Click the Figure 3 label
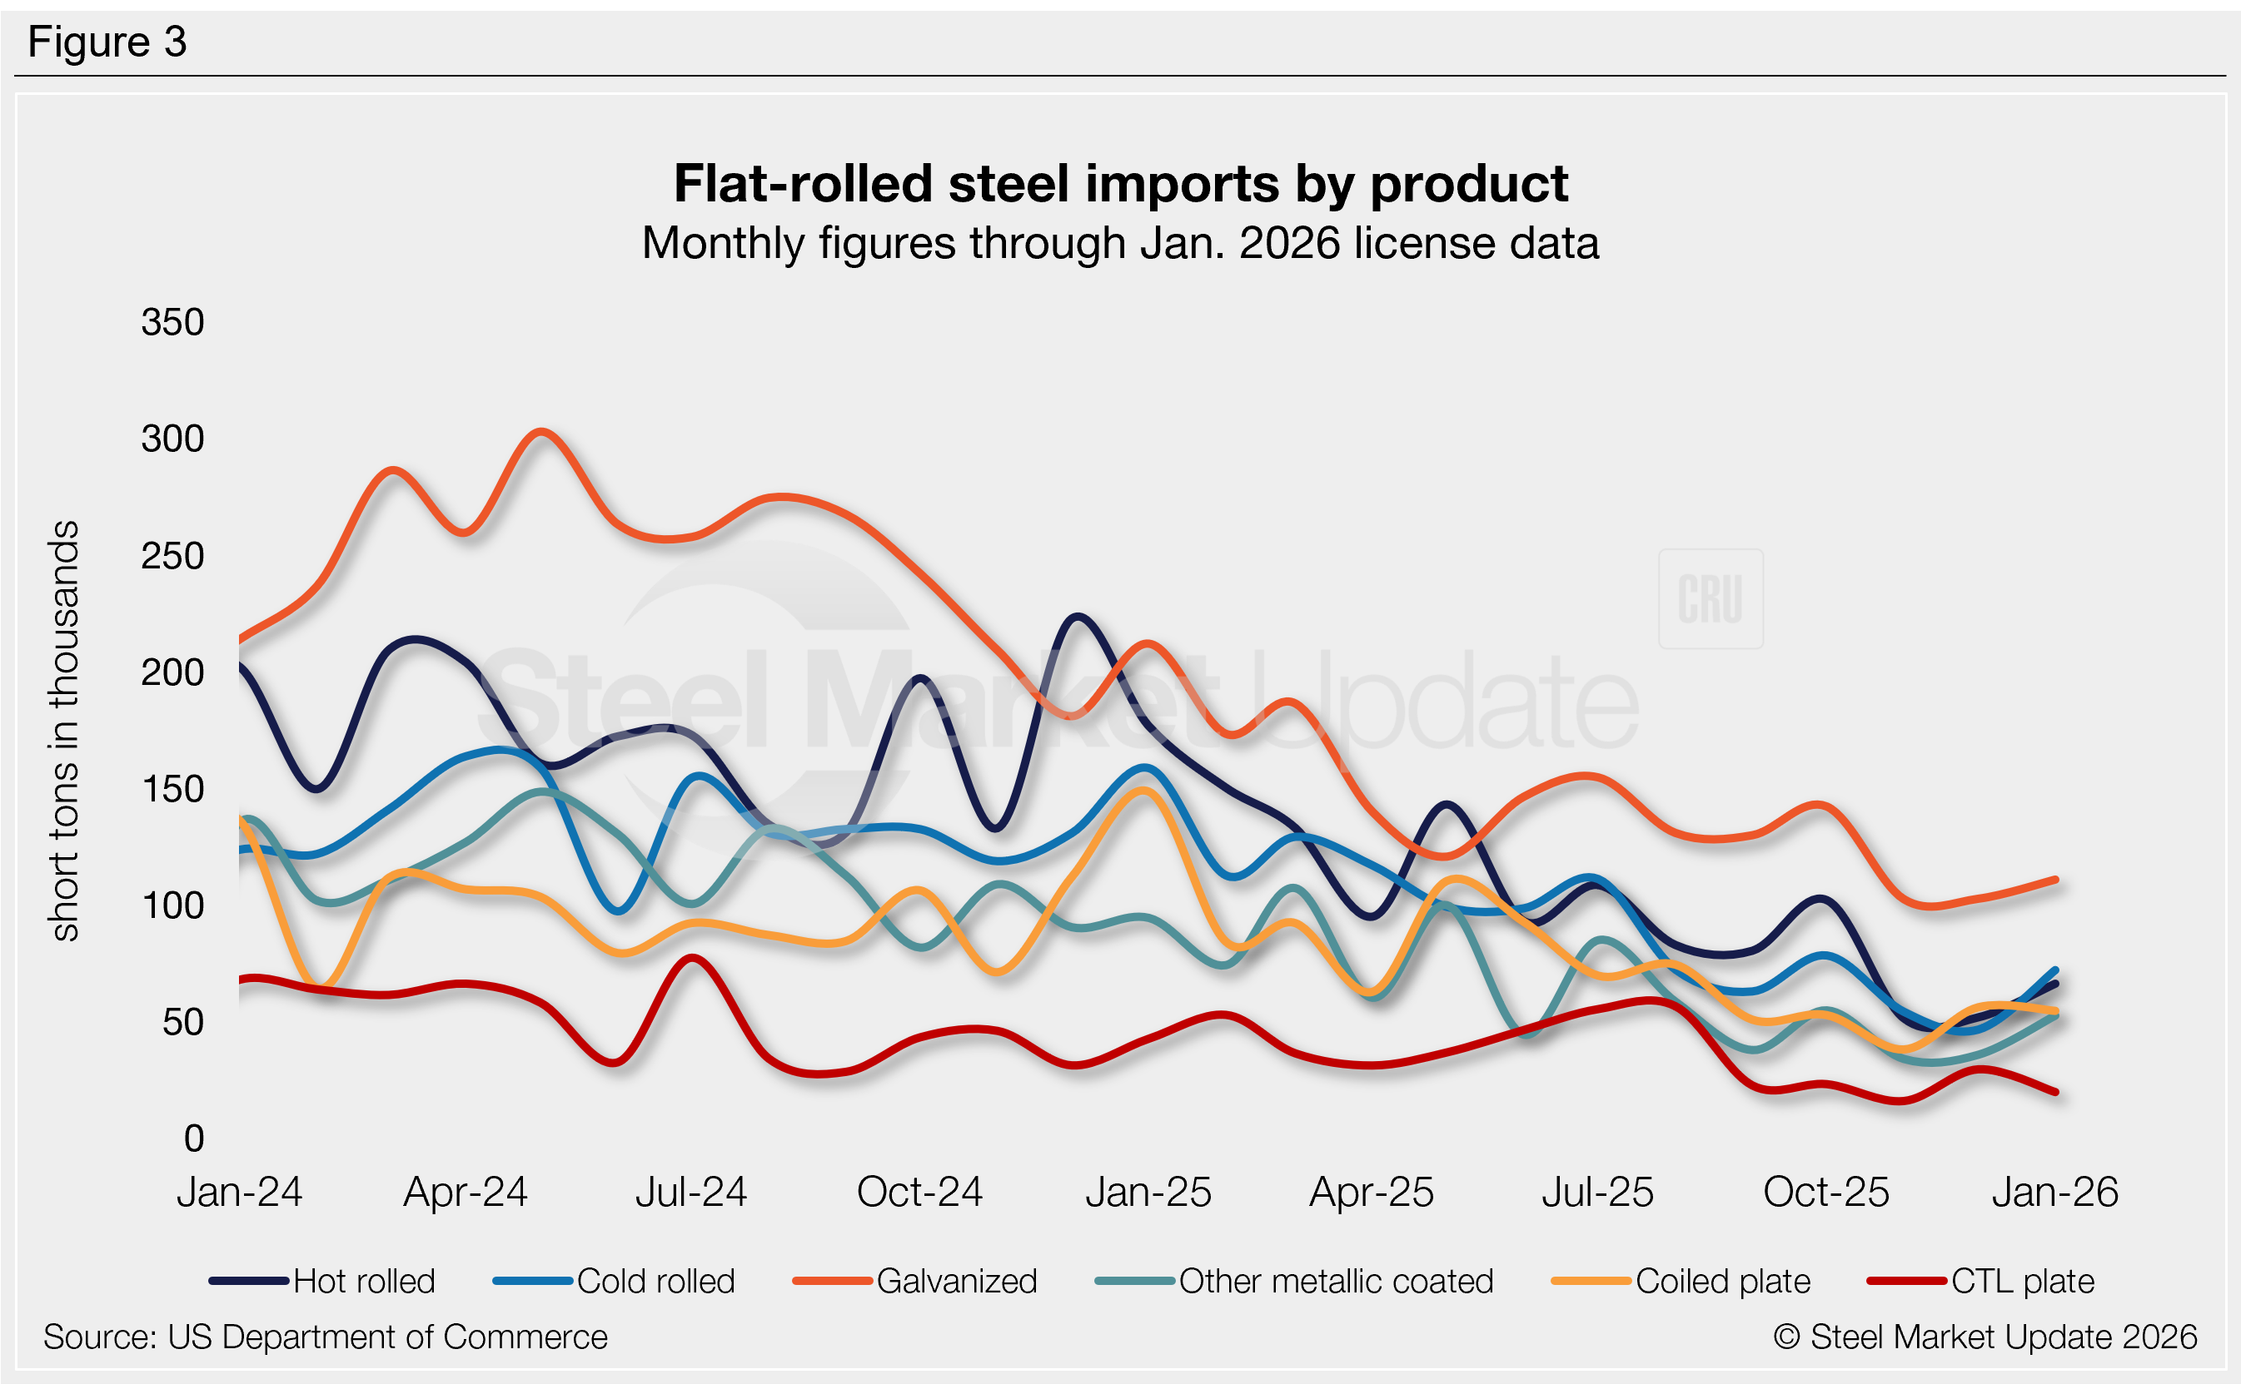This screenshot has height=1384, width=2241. click(x=107, y=42)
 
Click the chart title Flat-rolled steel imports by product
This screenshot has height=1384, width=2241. click(x=1120, y=184)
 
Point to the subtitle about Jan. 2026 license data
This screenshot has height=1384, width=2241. click(x=1120, y=244)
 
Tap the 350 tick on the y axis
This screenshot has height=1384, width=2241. click(x=172, y=322)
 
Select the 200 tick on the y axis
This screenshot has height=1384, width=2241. click(x=172, y=672)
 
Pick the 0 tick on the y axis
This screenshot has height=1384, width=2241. click(x=193, y=1138)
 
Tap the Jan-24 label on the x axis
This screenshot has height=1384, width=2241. click(x=239, y=1193)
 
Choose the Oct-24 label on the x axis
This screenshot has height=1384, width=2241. click(x=919, y=1193)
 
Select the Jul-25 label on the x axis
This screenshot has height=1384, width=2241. click(x=1597, y=1193)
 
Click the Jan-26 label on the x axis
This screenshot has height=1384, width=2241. click(x=2054, y=1193)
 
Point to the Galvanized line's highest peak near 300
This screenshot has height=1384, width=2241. click(x=541, y=431)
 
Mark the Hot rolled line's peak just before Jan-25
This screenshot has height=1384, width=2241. click(x=1077, y=617)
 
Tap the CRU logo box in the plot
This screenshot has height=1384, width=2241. click(x=1710, y=598)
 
